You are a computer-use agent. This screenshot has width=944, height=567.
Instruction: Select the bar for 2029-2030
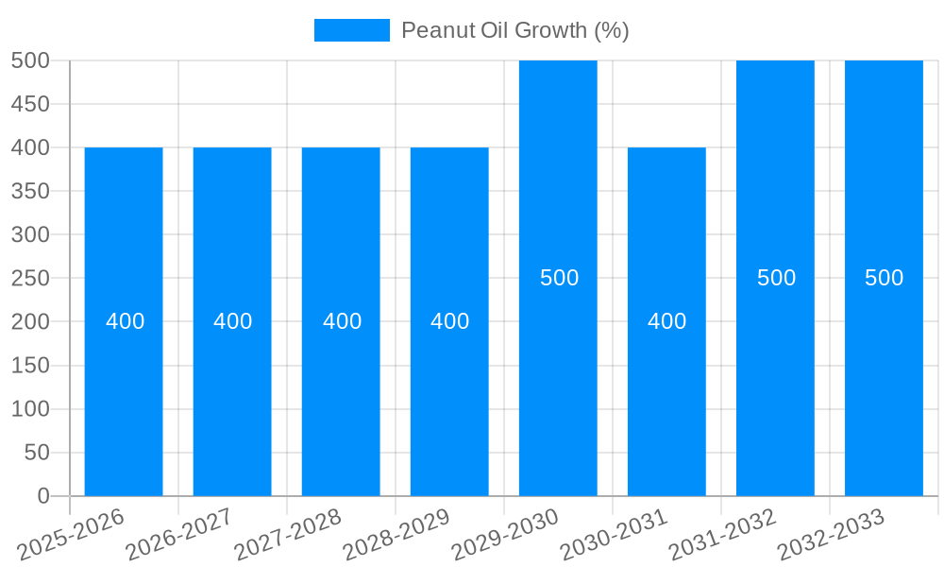point(558,378)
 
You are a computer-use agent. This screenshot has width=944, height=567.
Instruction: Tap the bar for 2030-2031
point(666,406)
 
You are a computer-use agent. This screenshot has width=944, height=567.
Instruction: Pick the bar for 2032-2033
point(884,378)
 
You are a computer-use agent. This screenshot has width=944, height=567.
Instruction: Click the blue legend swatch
point(351,30)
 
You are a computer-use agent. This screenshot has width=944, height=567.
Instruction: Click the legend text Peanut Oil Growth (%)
point(514,30)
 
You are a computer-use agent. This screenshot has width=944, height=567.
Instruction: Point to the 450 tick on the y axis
point(30,104)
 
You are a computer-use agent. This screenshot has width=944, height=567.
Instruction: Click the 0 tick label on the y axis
point(42,496)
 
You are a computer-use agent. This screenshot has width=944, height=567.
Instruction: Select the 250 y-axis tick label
point(30,278)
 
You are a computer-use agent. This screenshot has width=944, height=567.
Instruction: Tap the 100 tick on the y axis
point(30,409)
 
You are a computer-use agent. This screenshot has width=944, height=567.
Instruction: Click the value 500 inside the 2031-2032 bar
point(776,278)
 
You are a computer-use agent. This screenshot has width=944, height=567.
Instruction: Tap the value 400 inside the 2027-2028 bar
point(342,321)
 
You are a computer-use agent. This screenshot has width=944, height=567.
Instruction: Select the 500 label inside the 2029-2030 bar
point(559,278)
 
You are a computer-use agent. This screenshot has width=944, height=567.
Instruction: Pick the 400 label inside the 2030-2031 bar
point(666,321)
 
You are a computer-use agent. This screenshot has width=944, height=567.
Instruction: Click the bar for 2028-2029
point(449,406)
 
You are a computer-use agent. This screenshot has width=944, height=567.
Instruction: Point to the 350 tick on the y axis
point(30,191)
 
